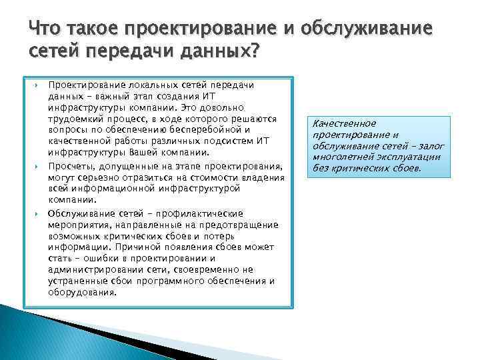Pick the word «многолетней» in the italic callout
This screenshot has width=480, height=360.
[341, 157]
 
